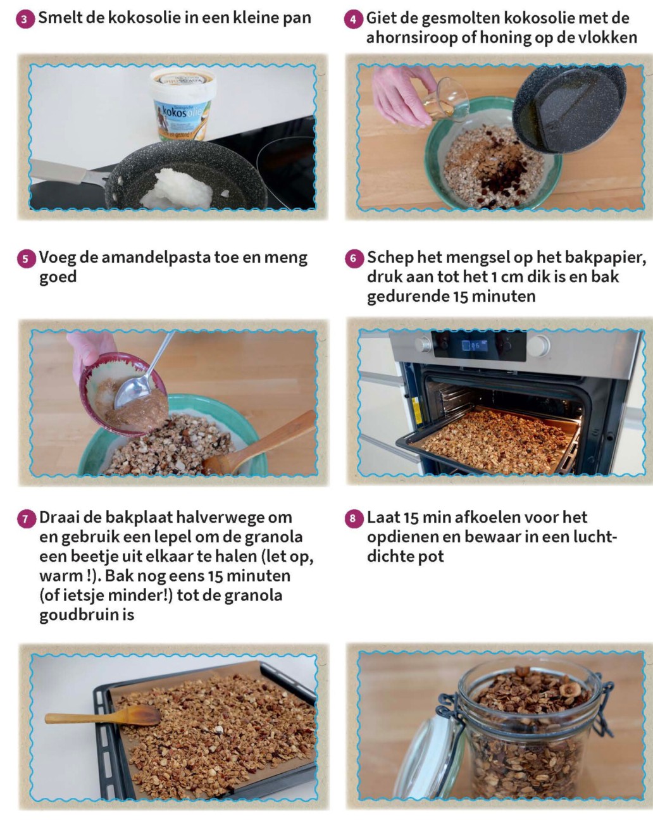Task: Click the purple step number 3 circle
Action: [x=25, y=19]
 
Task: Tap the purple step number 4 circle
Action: [x=353, y=20]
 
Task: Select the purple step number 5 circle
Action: [x=26, y=259]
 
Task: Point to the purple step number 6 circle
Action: [x=354, y=259]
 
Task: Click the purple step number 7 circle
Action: [x=26, y=519]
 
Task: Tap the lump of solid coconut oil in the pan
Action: [x=178, y=189]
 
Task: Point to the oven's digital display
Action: [x=475, y=345]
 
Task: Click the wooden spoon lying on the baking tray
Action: [x=103, y=715]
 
